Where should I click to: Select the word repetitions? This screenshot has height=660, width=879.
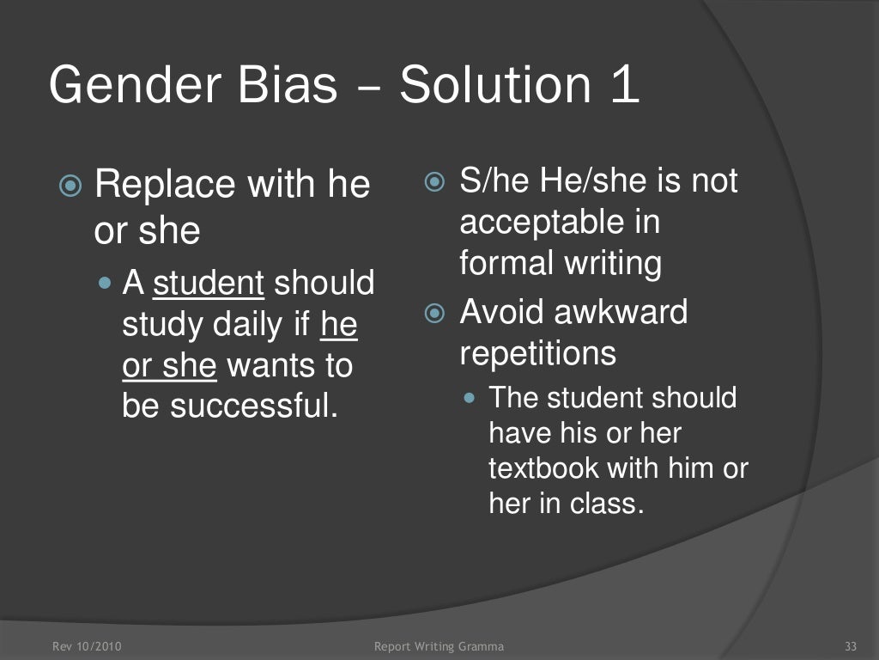pos(538,352)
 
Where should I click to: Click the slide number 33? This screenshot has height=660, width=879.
pos(852,646)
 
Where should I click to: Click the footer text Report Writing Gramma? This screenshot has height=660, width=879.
pos(439,646)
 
